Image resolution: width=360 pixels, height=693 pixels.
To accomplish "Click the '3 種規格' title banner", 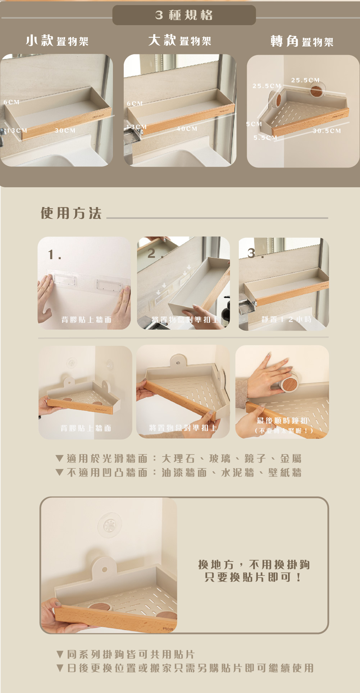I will point(184,15).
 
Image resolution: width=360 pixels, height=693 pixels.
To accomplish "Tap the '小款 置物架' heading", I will point(57,41).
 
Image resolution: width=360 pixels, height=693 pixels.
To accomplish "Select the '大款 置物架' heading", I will point(179,40).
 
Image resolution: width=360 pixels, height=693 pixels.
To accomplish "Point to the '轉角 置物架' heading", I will point(302,41).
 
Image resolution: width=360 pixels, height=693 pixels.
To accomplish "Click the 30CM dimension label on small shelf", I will point(65,130).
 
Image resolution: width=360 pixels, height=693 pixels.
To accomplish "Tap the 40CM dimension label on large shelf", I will point(187,129).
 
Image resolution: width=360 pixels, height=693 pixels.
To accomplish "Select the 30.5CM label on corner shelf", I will point(327,131).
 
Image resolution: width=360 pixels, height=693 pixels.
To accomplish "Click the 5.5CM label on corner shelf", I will point(265,138).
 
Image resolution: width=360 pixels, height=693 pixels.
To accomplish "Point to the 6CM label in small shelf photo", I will point(12,102).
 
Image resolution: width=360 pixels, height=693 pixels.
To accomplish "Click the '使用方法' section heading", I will point(71,213).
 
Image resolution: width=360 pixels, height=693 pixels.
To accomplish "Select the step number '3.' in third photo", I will point(255,253).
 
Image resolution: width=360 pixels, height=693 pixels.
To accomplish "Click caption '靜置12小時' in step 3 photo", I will point(286,319).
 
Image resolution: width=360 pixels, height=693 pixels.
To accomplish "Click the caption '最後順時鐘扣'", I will point(282,421).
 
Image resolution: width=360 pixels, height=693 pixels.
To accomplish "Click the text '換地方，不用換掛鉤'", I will point(254,564).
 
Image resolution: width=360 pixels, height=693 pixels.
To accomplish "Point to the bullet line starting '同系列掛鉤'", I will point(126,654).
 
